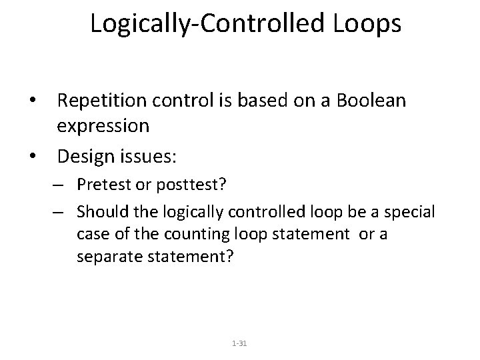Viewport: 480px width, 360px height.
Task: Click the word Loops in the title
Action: point(363,23)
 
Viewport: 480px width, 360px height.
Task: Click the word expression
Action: point(103,125)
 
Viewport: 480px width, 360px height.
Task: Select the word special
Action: point(409,212)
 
